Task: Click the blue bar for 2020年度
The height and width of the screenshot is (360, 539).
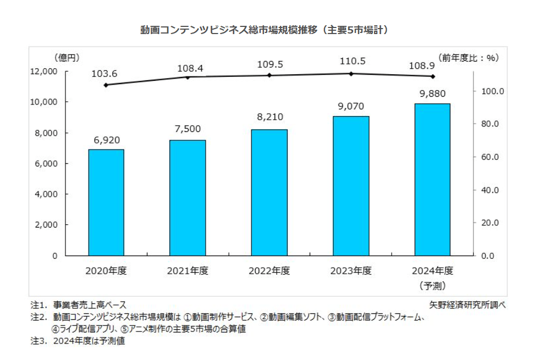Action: (106, 202)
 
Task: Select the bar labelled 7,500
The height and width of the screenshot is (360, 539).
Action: (188, 198)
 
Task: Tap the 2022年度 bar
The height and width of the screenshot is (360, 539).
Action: (269, 192)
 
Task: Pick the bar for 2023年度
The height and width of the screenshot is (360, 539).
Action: (351, 186)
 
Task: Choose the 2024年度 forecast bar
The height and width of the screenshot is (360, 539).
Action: (432, 180)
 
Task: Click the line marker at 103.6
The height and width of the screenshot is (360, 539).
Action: (106, 85)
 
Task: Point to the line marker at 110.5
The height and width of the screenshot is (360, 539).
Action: (351, 74)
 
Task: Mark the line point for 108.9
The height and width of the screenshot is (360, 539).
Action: (432, 76)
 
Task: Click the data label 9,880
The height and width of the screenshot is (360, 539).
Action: (432, 94)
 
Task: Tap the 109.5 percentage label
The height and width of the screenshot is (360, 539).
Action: (269, 64)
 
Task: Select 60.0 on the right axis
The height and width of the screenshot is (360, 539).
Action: (487, 157)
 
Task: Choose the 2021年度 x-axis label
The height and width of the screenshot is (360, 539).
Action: (188, 270)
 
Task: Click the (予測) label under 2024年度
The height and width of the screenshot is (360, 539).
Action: (432, 285)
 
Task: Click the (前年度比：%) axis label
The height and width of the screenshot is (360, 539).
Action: (468, 57)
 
